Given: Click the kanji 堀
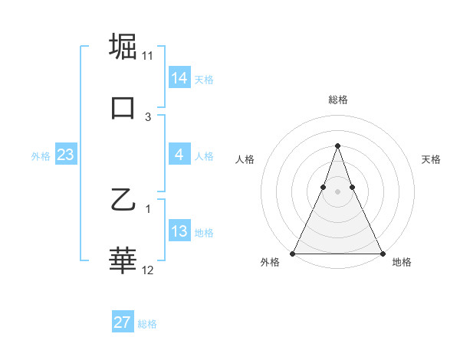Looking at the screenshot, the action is click(123, 46).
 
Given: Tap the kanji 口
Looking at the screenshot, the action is click(123, 107).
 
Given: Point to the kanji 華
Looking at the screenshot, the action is click(123, 260).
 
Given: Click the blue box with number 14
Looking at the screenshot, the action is click(179, 78).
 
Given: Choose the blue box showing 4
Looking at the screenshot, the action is click(179, 155).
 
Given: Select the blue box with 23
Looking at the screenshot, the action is click(65, 155).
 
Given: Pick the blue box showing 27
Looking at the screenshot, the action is click(123, 322).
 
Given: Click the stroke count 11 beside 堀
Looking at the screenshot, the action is click(148, 56).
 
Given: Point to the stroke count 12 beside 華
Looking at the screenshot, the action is click(148, 270).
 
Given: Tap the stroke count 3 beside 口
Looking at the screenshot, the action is click(148, 117).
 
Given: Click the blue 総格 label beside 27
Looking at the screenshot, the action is click(147, 324).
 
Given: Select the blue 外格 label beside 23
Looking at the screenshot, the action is click(41, 156).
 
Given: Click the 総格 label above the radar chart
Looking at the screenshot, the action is click(337, 100).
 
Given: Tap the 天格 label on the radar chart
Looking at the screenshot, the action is click(431, 159).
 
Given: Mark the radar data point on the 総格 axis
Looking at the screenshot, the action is click(337, 146).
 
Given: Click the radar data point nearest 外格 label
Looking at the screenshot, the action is click(293, 253).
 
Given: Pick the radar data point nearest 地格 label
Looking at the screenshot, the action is click(382, 253).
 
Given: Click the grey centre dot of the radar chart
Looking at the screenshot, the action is click(337, 192).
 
